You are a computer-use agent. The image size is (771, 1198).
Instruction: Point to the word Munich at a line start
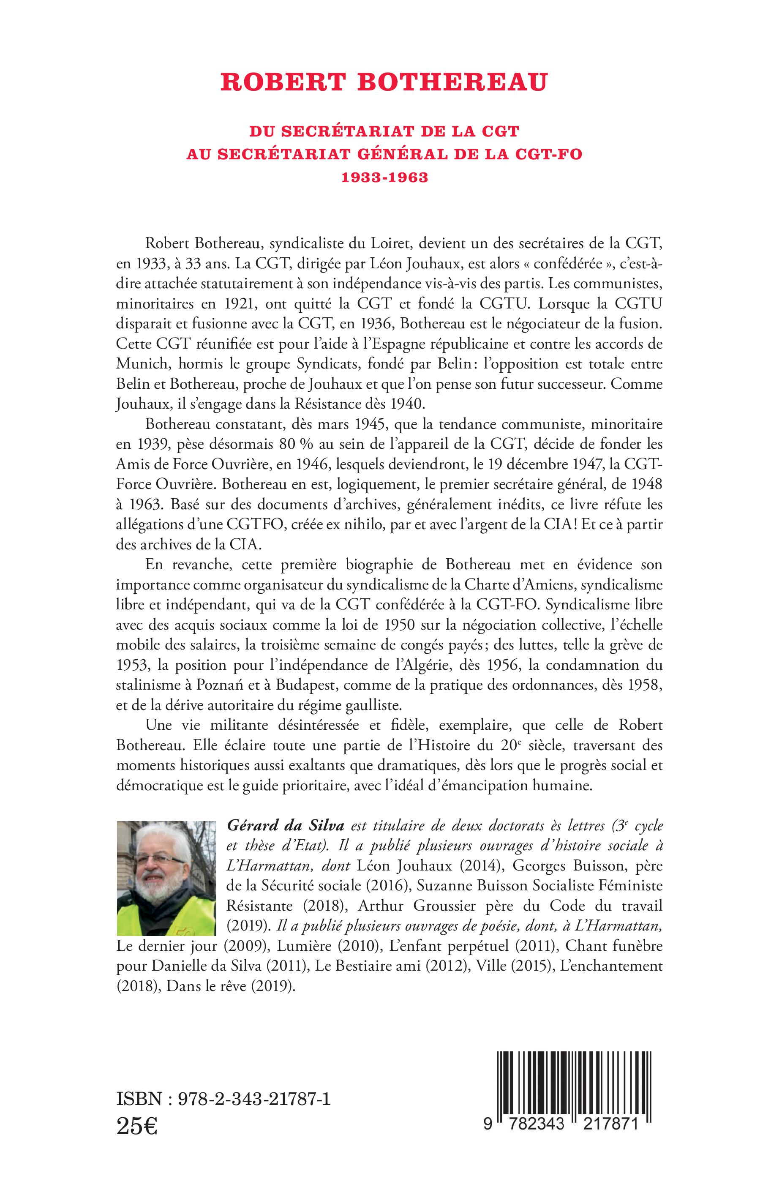(x=138, y=365)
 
